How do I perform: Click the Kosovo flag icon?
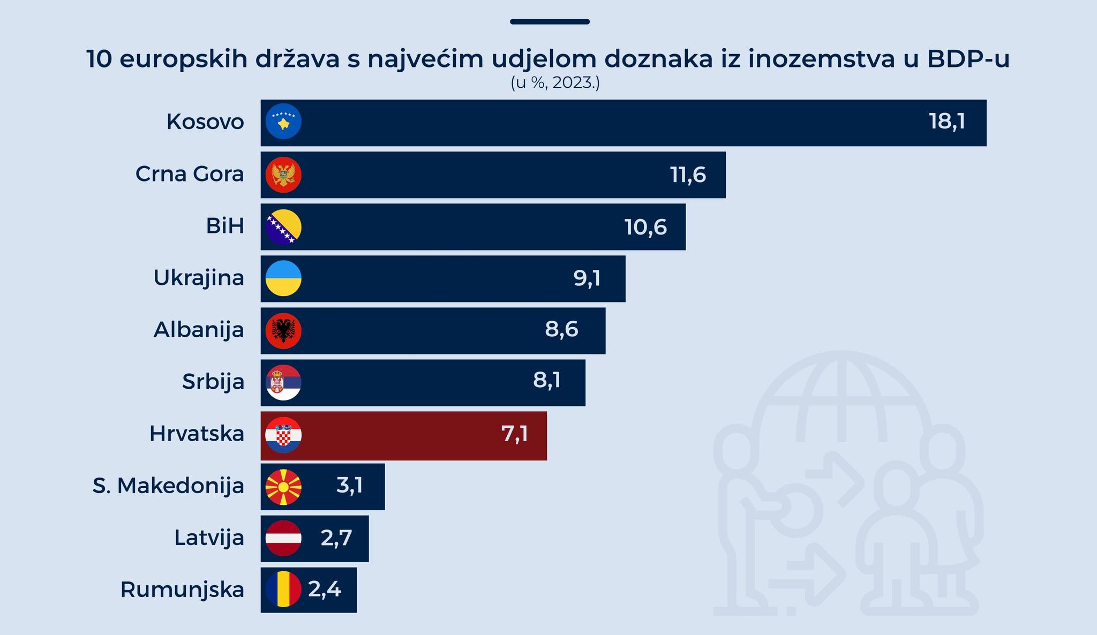(x=283, y=122)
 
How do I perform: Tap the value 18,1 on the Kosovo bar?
(x=946, y=122)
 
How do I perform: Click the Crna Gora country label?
(x=190, y=174)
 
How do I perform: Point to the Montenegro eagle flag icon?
(x=283, y=175)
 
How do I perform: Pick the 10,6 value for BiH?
(x=645, y=227)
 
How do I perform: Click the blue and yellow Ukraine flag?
(x=283, y=278)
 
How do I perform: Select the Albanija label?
(x=199, y=329)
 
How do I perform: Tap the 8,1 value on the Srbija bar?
(x=546, y=380)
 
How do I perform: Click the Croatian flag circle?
(x=283, y=435)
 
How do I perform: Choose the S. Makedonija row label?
(x=168, y=486)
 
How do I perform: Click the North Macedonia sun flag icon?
(x=283, y=487)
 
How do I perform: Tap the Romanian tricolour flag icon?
(x=283, y=589)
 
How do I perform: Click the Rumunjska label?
(x=182, y=589)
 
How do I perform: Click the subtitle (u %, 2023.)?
(x=555, y=84)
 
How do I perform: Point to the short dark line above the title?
(x=550, y=22)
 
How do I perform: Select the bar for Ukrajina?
(x=442, y=278)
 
